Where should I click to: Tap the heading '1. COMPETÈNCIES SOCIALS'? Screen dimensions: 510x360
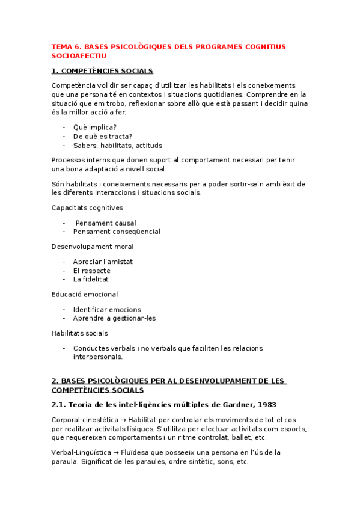[102, 71]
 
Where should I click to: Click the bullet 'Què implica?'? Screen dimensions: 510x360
[94, 127]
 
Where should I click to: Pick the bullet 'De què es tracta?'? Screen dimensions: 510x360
[103, 137]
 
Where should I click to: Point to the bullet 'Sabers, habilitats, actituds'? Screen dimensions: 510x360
[117, 146]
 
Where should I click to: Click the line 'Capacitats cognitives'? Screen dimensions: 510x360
[87, 207]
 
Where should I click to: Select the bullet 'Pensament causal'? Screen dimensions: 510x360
[106, 223]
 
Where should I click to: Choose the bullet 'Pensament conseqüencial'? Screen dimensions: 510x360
[117, 232]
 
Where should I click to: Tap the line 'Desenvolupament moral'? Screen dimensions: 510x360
[93, 247]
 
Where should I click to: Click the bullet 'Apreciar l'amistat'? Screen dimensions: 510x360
[103, 262]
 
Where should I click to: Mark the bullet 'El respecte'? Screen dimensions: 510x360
[91, 271]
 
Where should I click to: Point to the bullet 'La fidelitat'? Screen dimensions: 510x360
[91, 280]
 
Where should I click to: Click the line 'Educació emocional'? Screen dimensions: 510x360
[85, 295]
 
